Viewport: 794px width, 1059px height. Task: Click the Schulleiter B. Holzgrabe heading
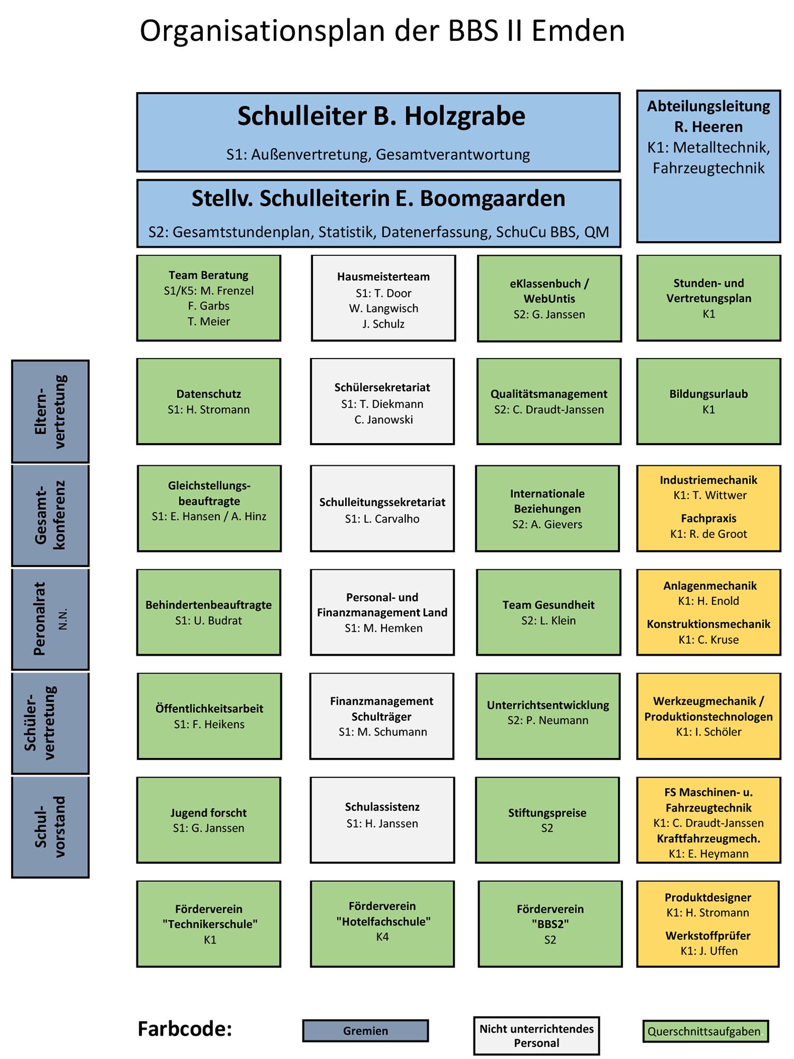pos(381,116)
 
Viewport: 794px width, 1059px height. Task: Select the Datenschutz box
pos(209,401)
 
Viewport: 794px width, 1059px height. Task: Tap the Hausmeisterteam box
pos(383,299)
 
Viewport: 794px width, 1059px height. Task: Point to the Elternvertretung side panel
pos(50,411)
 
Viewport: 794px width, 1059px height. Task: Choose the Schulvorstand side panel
pos(50,827)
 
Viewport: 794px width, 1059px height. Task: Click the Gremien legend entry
pos(365,1030)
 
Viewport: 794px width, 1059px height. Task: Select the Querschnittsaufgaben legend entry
pos(705,1031)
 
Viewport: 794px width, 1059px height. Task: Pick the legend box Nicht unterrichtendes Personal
pos(536,1036)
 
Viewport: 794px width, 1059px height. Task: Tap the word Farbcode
pos(185,1029)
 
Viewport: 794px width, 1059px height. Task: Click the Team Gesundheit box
pos(548,613)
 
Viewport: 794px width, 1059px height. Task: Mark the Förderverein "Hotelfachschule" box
pos(382,923)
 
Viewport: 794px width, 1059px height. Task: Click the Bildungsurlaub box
pos(708,401)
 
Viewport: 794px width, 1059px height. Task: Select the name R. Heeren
pos(708,127)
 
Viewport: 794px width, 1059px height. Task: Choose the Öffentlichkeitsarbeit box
pos(209,716)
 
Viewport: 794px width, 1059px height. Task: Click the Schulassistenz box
pos(382,820)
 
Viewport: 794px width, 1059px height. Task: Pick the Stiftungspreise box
pos(547,820)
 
